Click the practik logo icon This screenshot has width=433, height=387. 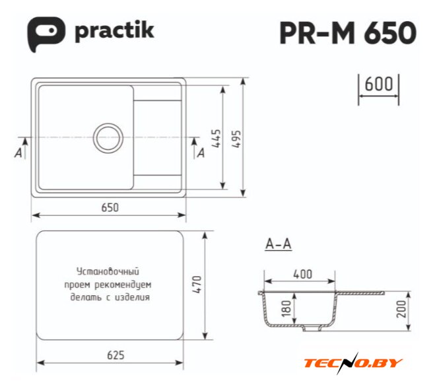coord(46,34)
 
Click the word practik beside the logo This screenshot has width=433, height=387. coord(114,31)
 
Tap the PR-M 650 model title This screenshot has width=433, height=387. coord(348,32)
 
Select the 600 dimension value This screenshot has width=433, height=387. coord(379,84)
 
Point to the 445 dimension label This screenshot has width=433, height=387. coord(217,139)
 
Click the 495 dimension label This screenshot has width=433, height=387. coord(236,139)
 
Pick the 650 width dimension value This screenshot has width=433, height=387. coord(110,207)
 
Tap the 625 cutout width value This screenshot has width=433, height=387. coord(116,355)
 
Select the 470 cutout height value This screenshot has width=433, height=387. coord(197,285)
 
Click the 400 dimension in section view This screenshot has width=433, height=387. coord(303,274)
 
